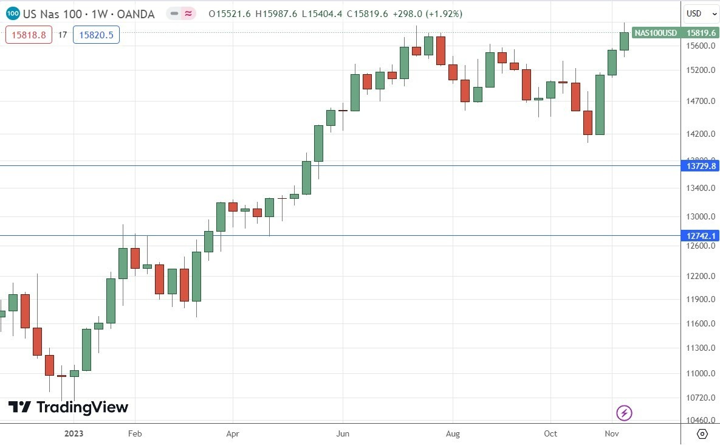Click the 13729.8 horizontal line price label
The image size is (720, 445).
pyautogui.click(x=701, y=165)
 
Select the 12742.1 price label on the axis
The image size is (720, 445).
pyautogui.click(x=701, y=235)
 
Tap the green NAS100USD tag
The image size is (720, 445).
pyautogui.click(x=656, y=33)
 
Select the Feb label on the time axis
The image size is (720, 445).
pyautogui.click(x=135, y=433)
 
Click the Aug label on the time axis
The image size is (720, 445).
pyautogui.click(x=453, y=433)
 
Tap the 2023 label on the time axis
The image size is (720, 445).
pyautogui.click(x=74, y=433)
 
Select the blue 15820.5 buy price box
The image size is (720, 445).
pyautogui.click(x=96, y=35)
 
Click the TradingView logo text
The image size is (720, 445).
pyautogui.click(x=68, y=407)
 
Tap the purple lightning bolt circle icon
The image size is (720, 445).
pyautogui.click(x=624, y=414)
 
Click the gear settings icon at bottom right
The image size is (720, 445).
pyautogui.click(x=702, y=433)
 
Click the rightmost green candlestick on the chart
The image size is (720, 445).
pyautogui.click(x=624, y=41)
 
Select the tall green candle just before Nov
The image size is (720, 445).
pyautogui.click(x=600, y=105)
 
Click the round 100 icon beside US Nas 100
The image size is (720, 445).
pyautogui.click(x=13, y=13)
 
